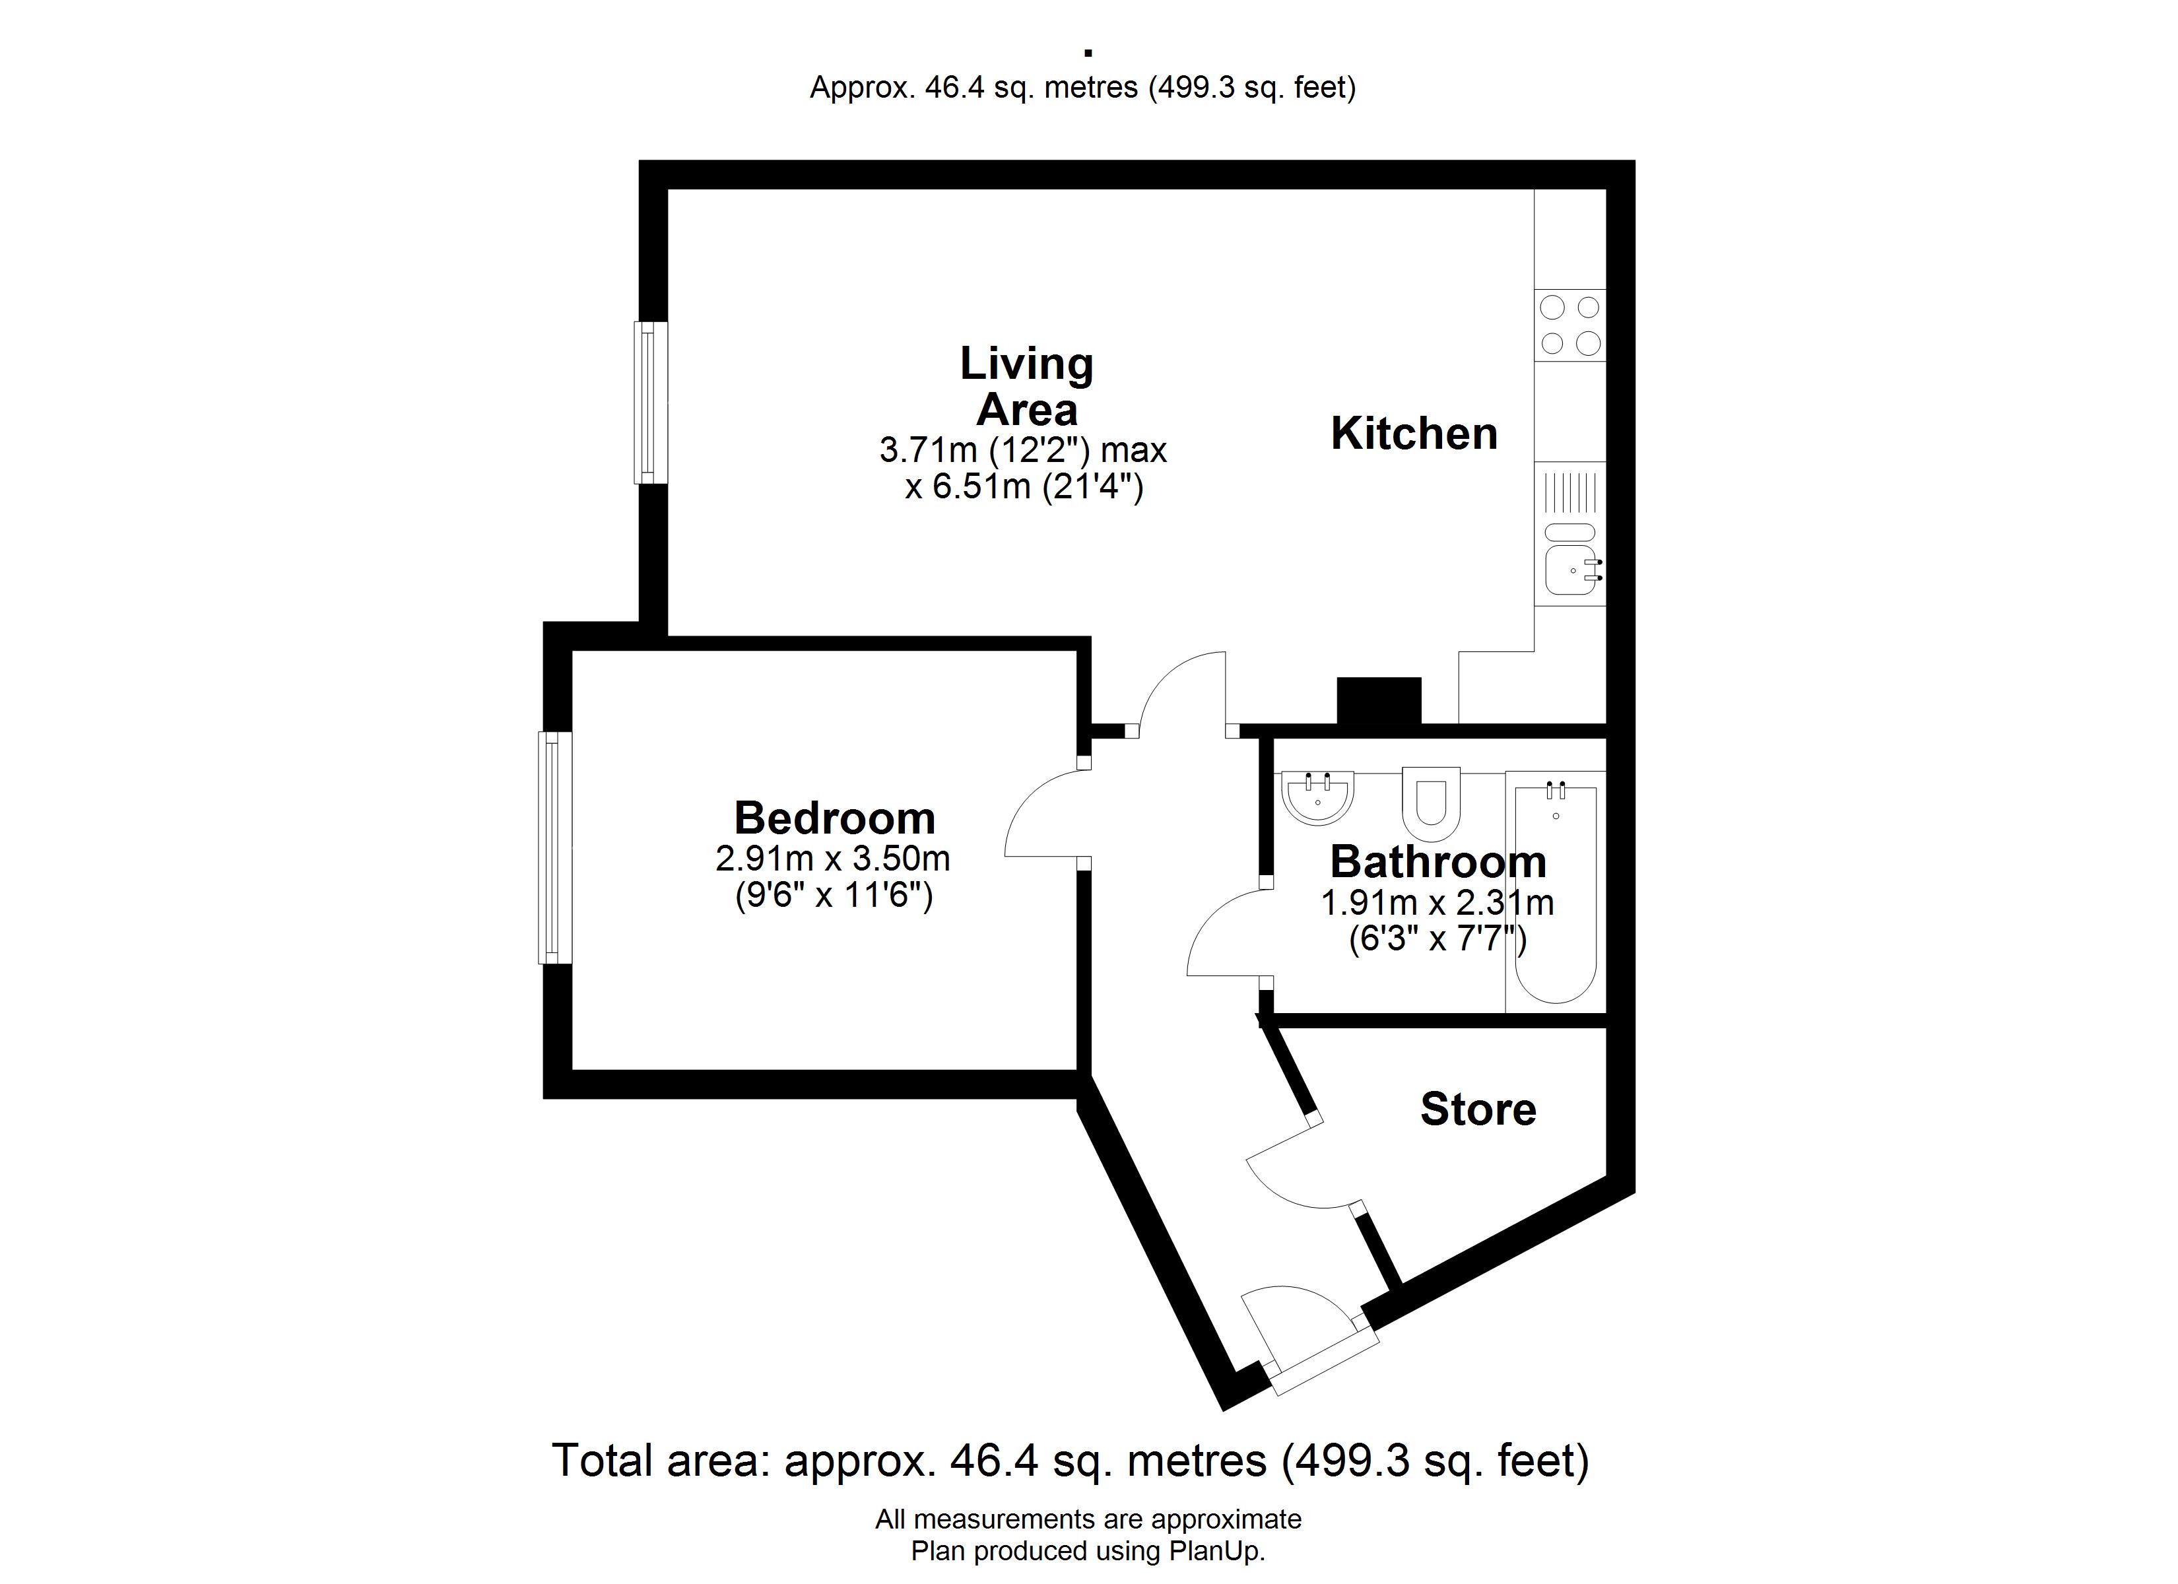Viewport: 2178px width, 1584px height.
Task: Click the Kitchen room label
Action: (x=1414, y=434)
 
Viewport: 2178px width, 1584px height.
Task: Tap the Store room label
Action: (x=1478, y=1109)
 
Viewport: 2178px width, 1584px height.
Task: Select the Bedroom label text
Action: (x=834, y=818)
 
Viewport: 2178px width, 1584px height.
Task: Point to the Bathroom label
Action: (x=1437, y=862)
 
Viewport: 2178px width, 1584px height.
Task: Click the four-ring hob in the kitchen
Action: (x=1570, y=325)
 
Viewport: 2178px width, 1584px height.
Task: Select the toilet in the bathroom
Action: (x=1431, y=804)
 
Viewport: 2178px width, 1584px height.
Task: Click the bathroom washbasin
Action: (x=1317, y=797)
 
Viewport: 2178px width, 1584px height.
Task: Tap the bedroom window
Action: (x=555, y=848)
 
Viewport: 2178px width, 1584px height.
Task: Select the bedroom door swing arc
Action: (x=1028, y=797)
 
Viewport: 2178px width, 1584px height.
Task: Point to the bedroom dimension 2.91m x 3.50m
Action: (x=833, y=858)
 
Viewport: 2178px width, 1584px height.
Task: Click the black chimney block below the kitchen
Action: (x=1379, y=701)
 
